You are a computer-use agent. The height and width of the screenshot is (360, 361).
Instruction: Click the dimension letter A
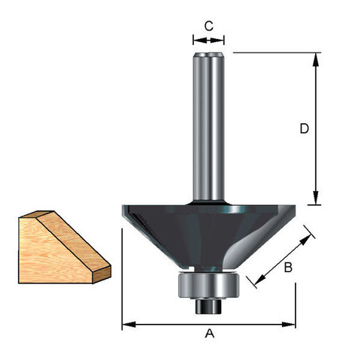click(x=210, y=334)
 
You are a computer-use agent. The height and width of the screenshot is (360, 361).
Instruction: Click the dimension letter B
click(x=288, y=268)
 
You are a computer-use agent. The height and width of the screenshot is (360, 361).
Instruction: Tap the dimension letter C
click(x=208, y=26)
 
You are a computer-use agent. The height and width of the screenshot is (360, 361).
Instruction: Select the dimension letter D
click(x=304, y=129)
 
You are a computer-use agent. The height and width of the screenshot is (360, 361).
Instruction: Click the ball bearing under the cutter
click(x=208, y=286)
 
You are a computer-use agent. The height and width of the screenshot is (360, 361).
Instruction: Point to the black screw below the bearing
click(x=208, y=306)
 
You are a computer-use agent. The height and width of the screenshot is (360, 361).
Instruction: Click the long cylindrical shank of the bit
click(x=208, y=126)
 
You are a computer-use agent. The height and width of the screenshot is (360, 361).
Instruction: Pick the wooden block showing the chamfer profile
click(x=65, y=247)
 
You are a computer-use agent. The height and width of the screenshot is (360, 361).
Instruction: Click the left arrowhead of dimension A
click(x=129, y=325)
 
